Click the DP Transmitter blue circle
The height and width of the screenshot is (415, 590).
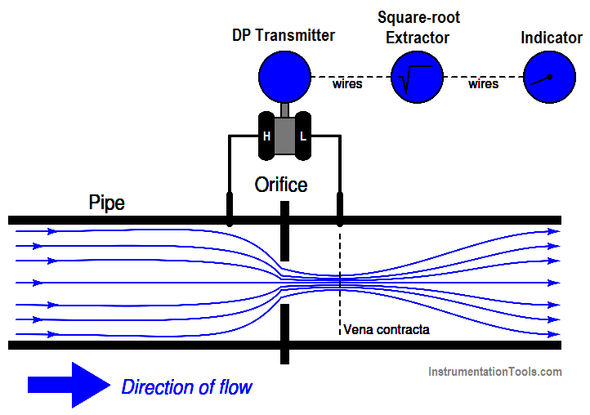click(x=284, y=77)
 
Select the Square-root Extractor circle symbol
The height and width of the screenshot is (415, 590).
click(x=417, y=77)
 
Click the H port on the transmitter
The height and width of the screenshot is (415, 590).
click(x=266, y=136)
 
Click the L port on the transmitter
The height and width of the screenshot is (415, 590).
click(x=302, y=136)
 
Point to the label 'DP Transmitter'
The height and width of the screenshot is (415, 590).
click(x=284, y=35)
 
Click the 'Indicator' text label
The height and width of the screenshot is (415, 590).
click(x=551, y=38)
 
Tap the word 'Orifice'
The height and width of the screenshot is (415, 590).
click(x=280, y=185)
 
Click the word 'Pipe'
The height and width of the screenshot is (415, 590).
click(x=106, y=203)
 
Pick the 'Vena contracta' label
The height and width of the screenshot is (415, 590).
click(x=386, y=330)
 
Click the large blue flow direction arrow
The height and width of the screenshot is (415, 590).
click(x=69, y=385)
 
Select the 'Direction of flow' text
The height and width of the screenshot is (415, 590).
click(x=186, y=386)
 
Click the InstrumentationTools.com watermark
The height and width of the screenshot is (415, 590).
click(x=495, y=372)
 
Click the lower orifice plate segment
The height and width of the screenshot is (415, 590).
click(x=284, y=331)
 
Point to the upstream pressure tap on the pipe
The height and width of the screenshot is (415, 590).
click(x=230, y=209)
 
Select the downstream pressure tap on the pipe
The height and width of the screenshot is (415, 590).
click(x=339, y=209)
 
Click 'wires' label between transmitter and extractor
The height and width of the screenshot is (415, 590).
click(x=347, y=84)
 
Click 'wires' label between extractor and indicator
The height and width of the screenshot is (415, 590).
click(x=483, y=84)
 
